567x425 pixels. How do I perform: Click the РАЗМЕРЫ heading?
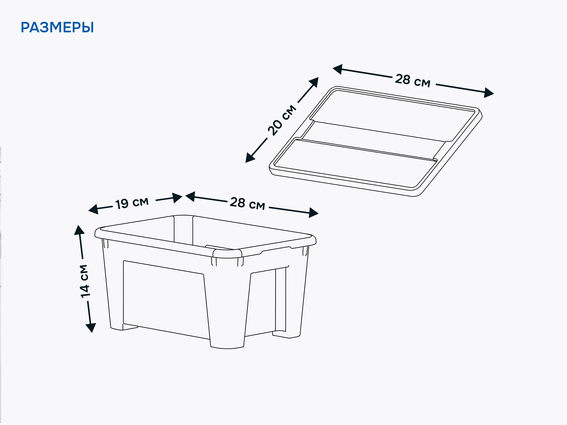pyautogui.click(x=57, y=27)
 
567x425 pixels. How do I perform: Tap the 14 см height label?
pyautogui.click(x=84, y=281)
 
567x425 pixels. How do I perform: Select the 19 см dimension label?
pyautogui.click(x=132, y=203)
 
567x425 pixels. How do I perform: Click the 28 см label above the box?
pyautogui.click(x=247, y=203)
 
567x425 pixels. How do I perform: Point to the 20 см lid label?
pyautogui.click(x=282, y=120)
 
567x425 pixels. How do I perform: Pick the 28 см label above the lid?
pyautogui.click(x=413, y=80)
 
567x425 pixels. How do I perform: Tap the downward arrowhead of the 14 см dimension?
pyautogui.click(x=91, y=328)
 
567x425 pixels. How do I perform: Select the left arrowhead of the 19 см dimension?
pyautogui.click(x=93, y=209)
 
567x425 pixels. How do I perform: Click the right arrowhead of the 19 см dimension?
pyautogui.click(x=177, y=198)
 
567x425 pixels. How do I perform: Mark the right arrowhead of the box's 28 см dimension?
pyautogui.click(x=314, y=212)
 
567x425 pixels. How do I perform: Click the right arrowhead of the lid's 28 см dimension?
pyautogui.click(x=489, y=93)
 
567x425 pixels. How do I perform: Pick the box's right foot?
pyautogui.click(x=286, y=334)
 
